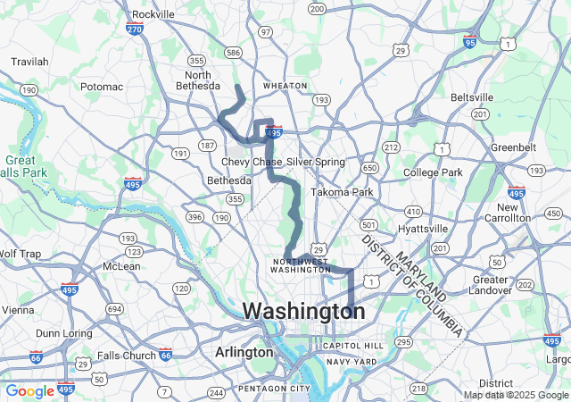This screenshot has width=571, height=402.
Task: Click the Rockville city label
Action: (x=153, y=14)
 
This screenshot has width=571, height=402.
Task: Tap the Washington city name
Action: (x=303, y=312)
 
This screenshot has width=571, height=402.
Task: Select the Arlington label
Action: (x=244, y=353)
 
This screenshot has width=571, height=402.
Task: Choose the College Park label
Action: (x=433, y=172)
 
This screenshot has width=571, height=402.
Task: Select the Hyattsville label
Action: (x=422, y=229)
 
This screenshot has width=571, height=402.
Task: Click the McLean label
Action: (x=122, y=266)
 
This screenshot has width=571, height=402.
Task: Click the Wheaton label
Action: (x=285, y=86)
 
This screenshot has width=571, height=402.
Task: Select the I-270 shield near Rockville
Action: (x=135, y=29)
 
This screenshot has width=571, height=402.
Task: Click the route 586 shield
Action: (x=234, y=54)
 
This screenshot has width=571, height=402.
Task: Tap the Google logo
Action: (x=29, y=391)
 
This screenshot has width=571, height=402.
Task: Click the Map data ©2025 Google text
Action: (x=516, y=395)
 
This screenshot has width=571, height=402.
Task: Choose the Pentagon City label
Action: (x=273, y=389)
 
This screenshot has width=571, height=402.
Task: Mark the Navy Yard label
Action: (x=351, y=362)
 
